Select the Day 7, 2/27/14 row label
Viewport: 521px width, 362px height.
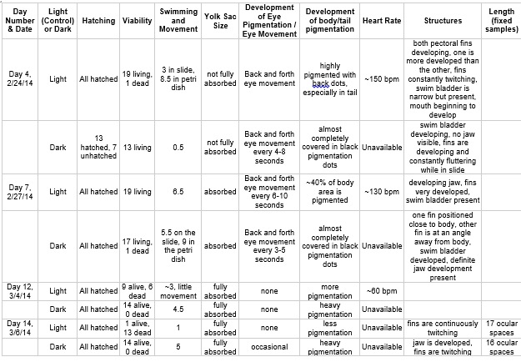(20, 191)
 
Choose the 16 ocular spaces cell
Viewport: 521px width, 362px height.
(500, 346)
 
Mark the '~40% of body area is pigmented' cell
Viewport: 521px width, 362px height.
(324, 191)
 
